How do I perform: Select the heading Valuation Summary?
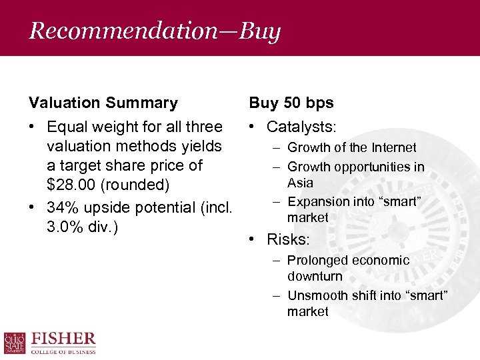pos(103,103)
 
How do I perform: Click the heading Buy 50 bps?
pos(291,103)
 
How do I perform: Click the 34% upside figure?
pos(62,207)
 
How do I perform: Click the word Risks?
pos(288,239)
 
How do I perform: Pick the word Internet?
pos(393,148)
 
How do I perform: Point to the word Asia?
pos(300,183)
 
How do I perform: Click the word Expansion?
pos(317,201)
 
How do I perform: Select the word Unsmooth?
pos(317,295)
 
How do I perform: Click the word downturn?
pos(315,276)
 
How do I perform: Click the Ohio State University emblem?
pos(14,343)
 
